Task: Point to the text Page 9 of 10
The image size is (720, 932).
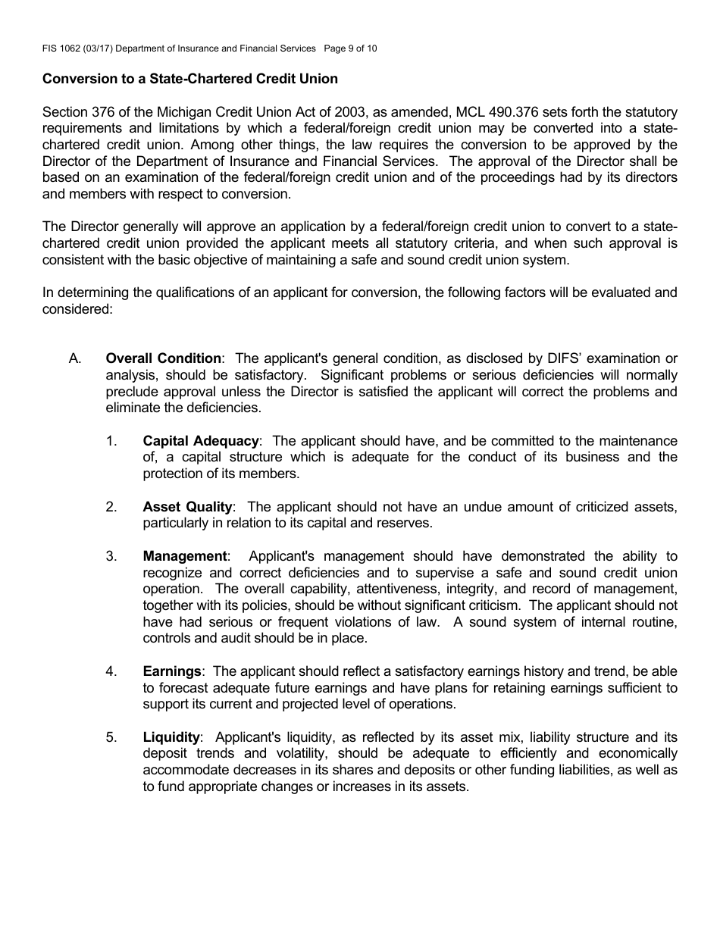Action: click(350, 48)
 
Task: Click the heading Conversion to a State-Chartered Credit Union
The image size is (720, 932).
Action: click(190, 79)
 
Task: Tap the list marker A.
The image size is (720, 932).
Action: click(75, 358)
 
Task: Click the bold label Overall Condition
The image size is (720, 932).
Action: click(164, 358)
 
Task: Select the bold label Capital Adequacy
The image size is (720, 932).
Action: click(201, 441)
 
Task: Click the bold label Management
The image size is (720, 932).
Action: click(185, 557)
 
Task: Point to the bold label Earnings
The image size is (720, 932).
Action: click(172, 671)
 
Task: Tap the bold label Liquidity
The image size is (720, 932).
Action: click(171, 737)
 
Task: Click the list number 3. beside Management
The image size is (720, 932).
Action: click(111, 557)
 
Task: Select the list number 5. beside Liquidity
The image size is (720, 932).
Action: click(111, 737)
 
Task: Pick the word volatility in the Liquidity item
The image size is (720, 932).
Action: click(299, 754)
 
